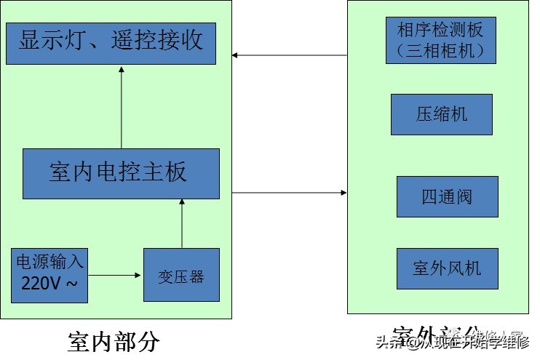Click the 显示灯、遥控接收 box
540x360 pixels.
(x=111, y=43)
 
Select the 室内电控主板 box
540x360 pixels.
(x=121, y=174)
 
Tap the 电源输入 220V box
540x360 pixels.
(x=49, y=275)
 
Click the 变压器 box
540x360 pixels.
(x=181, y=275)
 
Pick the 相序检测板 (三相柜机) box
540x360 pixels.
(x=440, y=41)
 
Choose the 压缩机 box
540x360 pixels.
(x=442, y=115)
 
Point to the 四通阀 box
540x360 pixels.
(x=448, y=196)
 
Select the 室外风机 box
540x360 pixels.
(x=448, y=268)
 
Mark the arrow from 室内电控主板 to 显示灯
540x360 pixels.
(x=122, y=106)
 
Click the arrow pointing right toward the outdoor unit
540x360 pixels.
(x=290, y=193)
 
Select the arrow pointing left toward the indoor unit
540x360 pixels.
(x=290, y=55)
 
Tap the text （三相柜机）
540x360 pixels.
(x=440, y=51)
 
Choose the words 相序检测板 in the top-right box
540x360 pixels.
(x=440, y=30)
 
